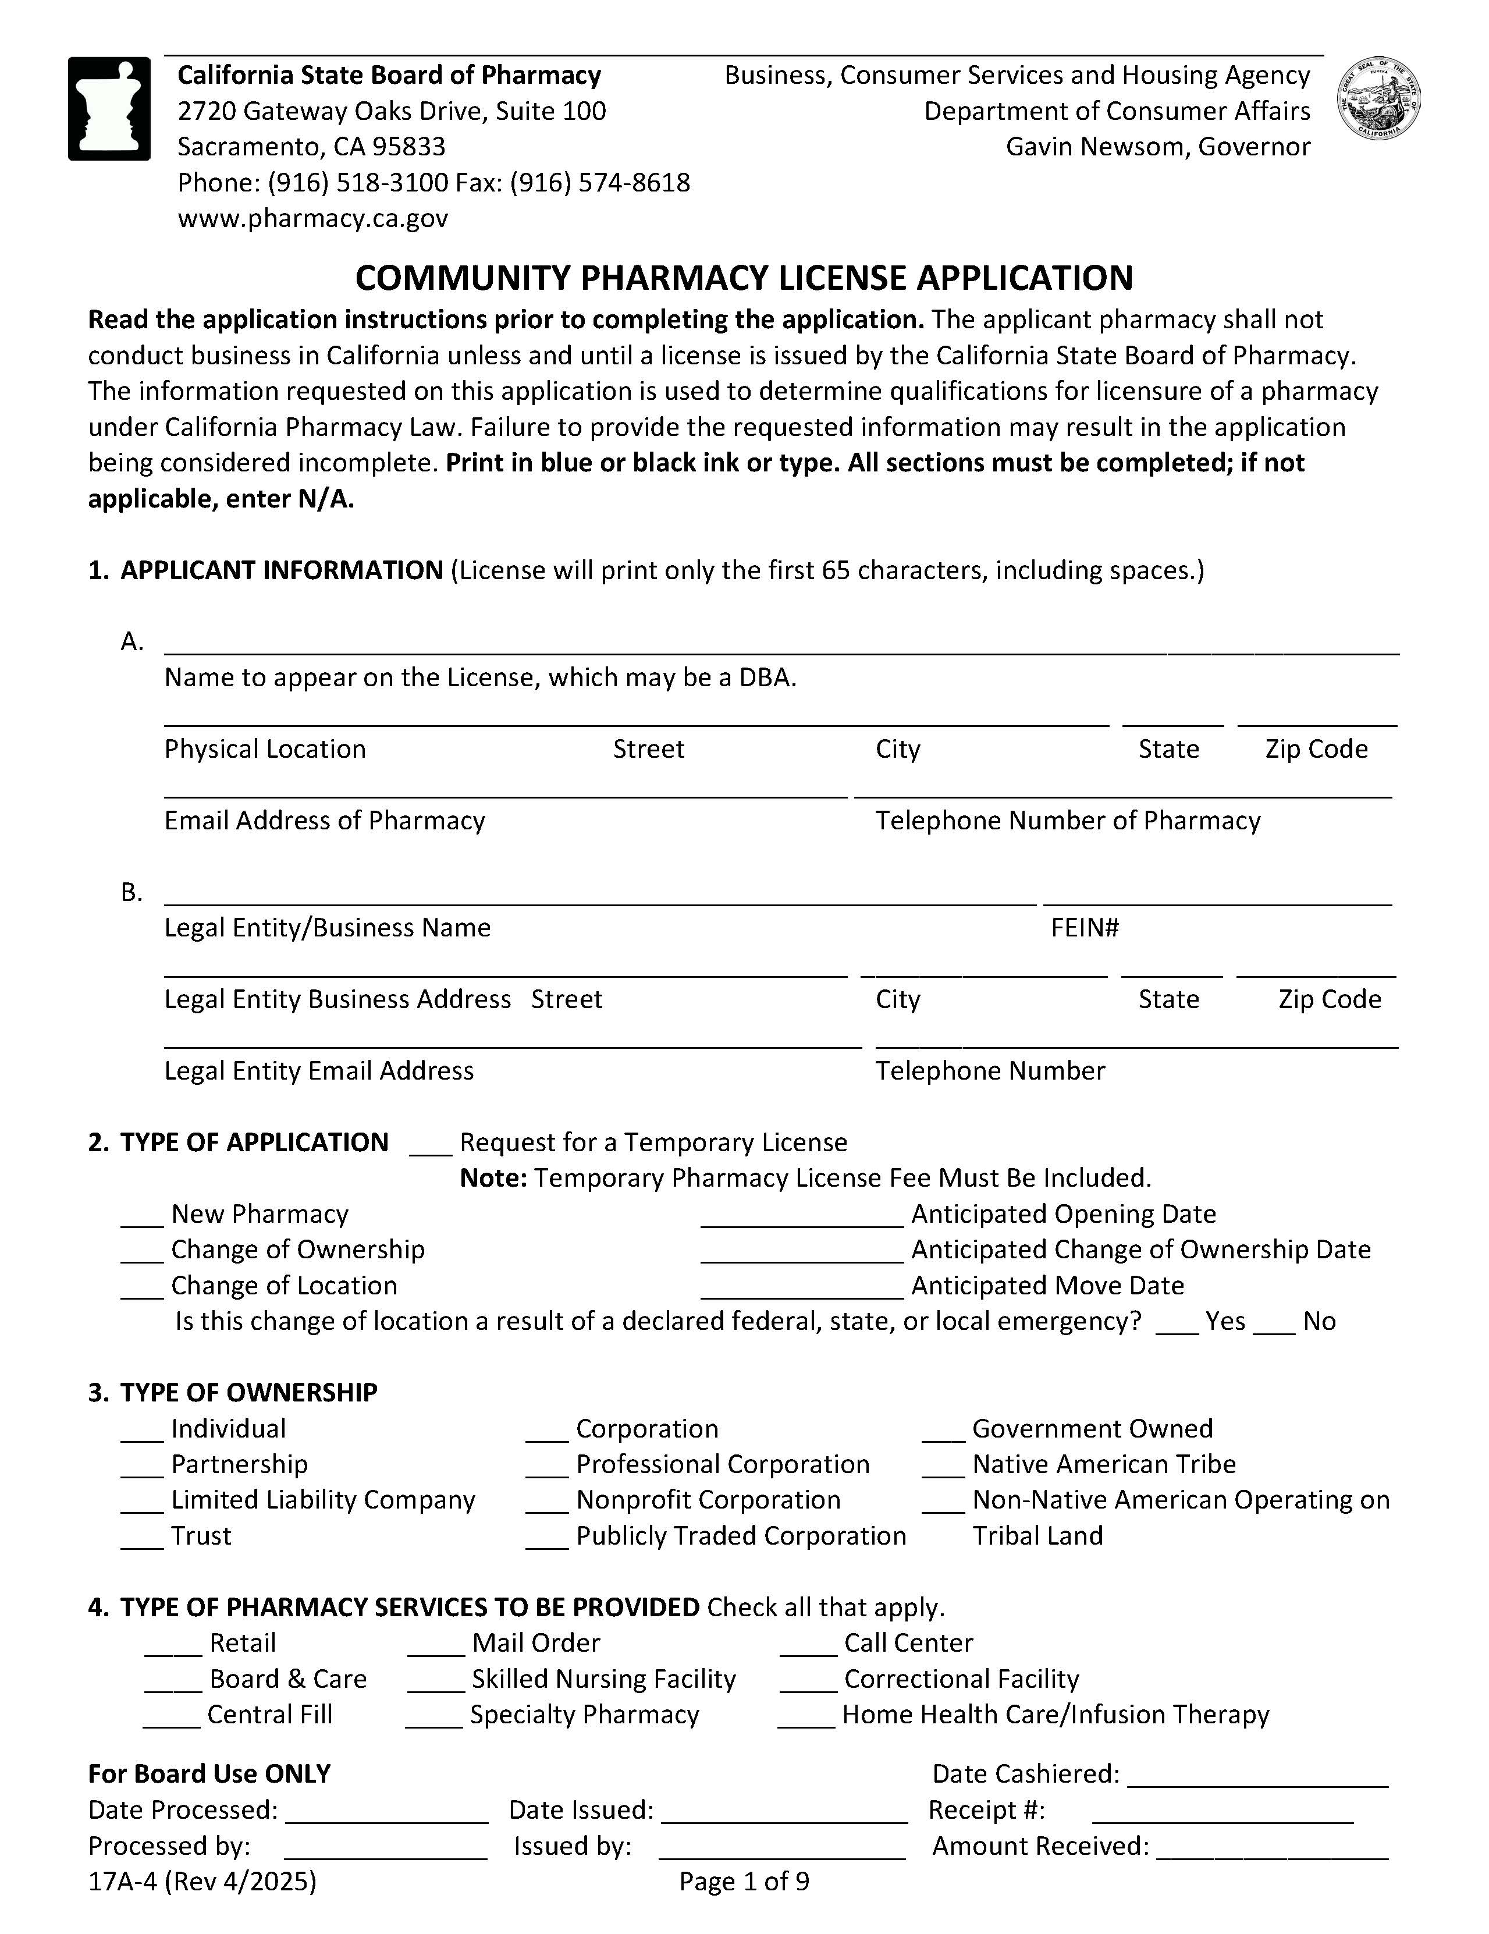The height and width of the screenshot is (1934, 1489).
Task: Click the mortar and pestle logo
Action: (109, 108)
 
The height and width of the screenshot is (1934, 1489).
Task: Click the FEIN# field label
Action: (1085, 927)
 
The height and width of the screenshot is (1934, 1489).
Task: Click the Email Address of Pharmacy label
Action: (324, 820)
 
